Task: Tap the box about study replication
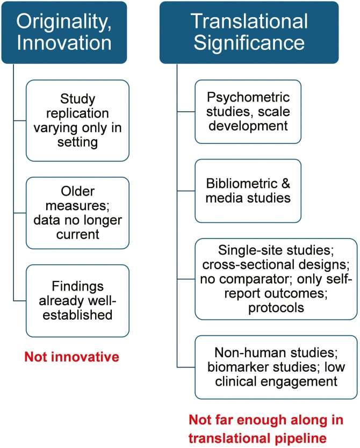pyautogui.click(x=77, y=120)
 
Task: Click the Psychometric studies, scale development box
pyautogui.click(x=248, y=111)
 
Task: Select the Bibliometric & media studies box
pyautogui.click(x=248, y=190)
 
